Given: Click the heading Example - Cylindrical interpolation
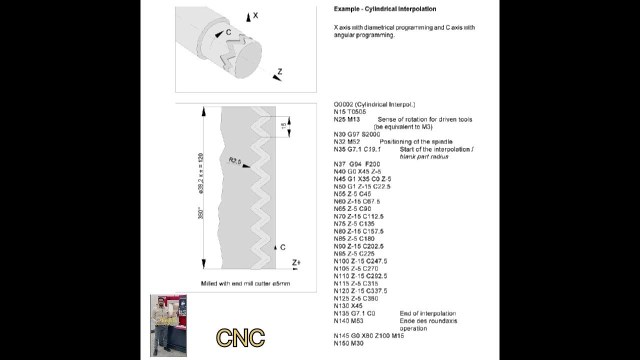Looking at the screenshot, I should (x=385, y=9).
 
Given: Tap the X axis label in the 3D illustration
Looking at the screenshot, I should (x=255, y=15).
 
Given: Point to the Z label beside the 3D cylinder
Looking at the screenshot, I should (x=279, y=72).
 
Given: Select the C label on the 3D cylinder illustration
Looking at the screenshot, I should (x=228, y=32).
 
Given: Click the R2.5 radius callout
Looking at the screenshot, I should (x=235, y=161).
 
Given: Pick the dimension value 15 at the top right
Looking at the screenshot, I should (x=283, y=126).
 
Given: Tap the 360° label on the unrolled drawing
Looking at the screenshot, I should (x=201, y=213).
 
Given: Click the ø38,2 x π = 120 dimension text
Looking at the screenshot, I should (x=201, y=173).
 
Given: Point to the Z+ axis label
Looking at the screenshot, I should (x=296, y=262).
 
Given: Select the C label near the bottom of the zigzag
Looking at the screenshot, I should (x=283, y=247).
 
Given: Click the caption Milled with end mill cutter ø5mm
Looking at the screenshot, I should (x=245, y=283).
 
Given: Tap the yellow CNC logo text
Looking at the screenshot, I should (x=240, y=338).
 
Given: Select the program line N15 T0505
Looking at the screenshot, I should (x=349, y=112).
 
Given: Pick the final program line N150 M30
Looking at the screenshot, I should (x=348, y=343).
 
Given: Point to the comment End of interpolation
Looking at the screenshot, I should (x=427, y=313).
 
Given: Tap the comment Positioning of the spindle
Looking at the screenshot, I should (x=415, y=142).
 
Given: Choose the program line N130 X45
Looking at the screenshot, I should (x=348, y=306).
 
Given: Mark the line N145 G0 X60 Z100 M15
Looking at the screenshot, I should (x=368, y=336).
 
